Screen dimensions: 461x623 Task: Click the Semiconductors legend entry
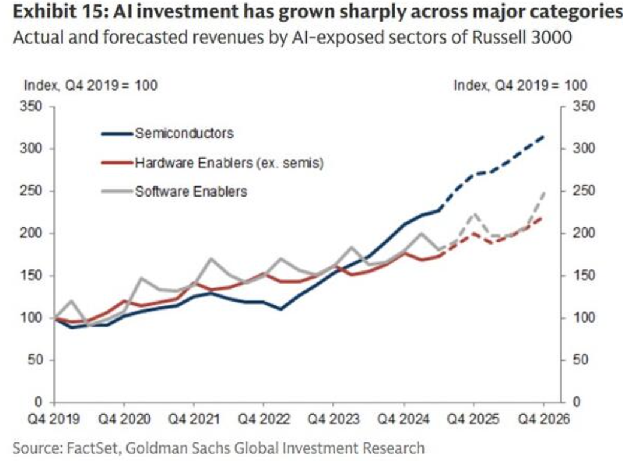[x=184, y=133]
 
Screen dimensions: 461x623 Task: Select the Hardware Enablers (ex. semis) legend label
[x=229, y=162]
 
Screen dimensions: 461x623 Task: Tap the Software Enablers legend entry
[x=191, y=192]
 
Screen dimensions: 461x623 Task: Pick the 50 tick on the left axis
[x=35, y=360]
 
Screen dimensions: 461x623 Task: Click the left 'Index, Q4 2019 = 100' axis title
[x=90, y=86]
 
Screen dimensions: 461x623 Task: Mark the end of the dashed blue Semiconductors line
[x=544, y=136]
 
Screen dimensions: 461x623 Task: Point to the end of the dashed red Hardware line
[x=544, y=218]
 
